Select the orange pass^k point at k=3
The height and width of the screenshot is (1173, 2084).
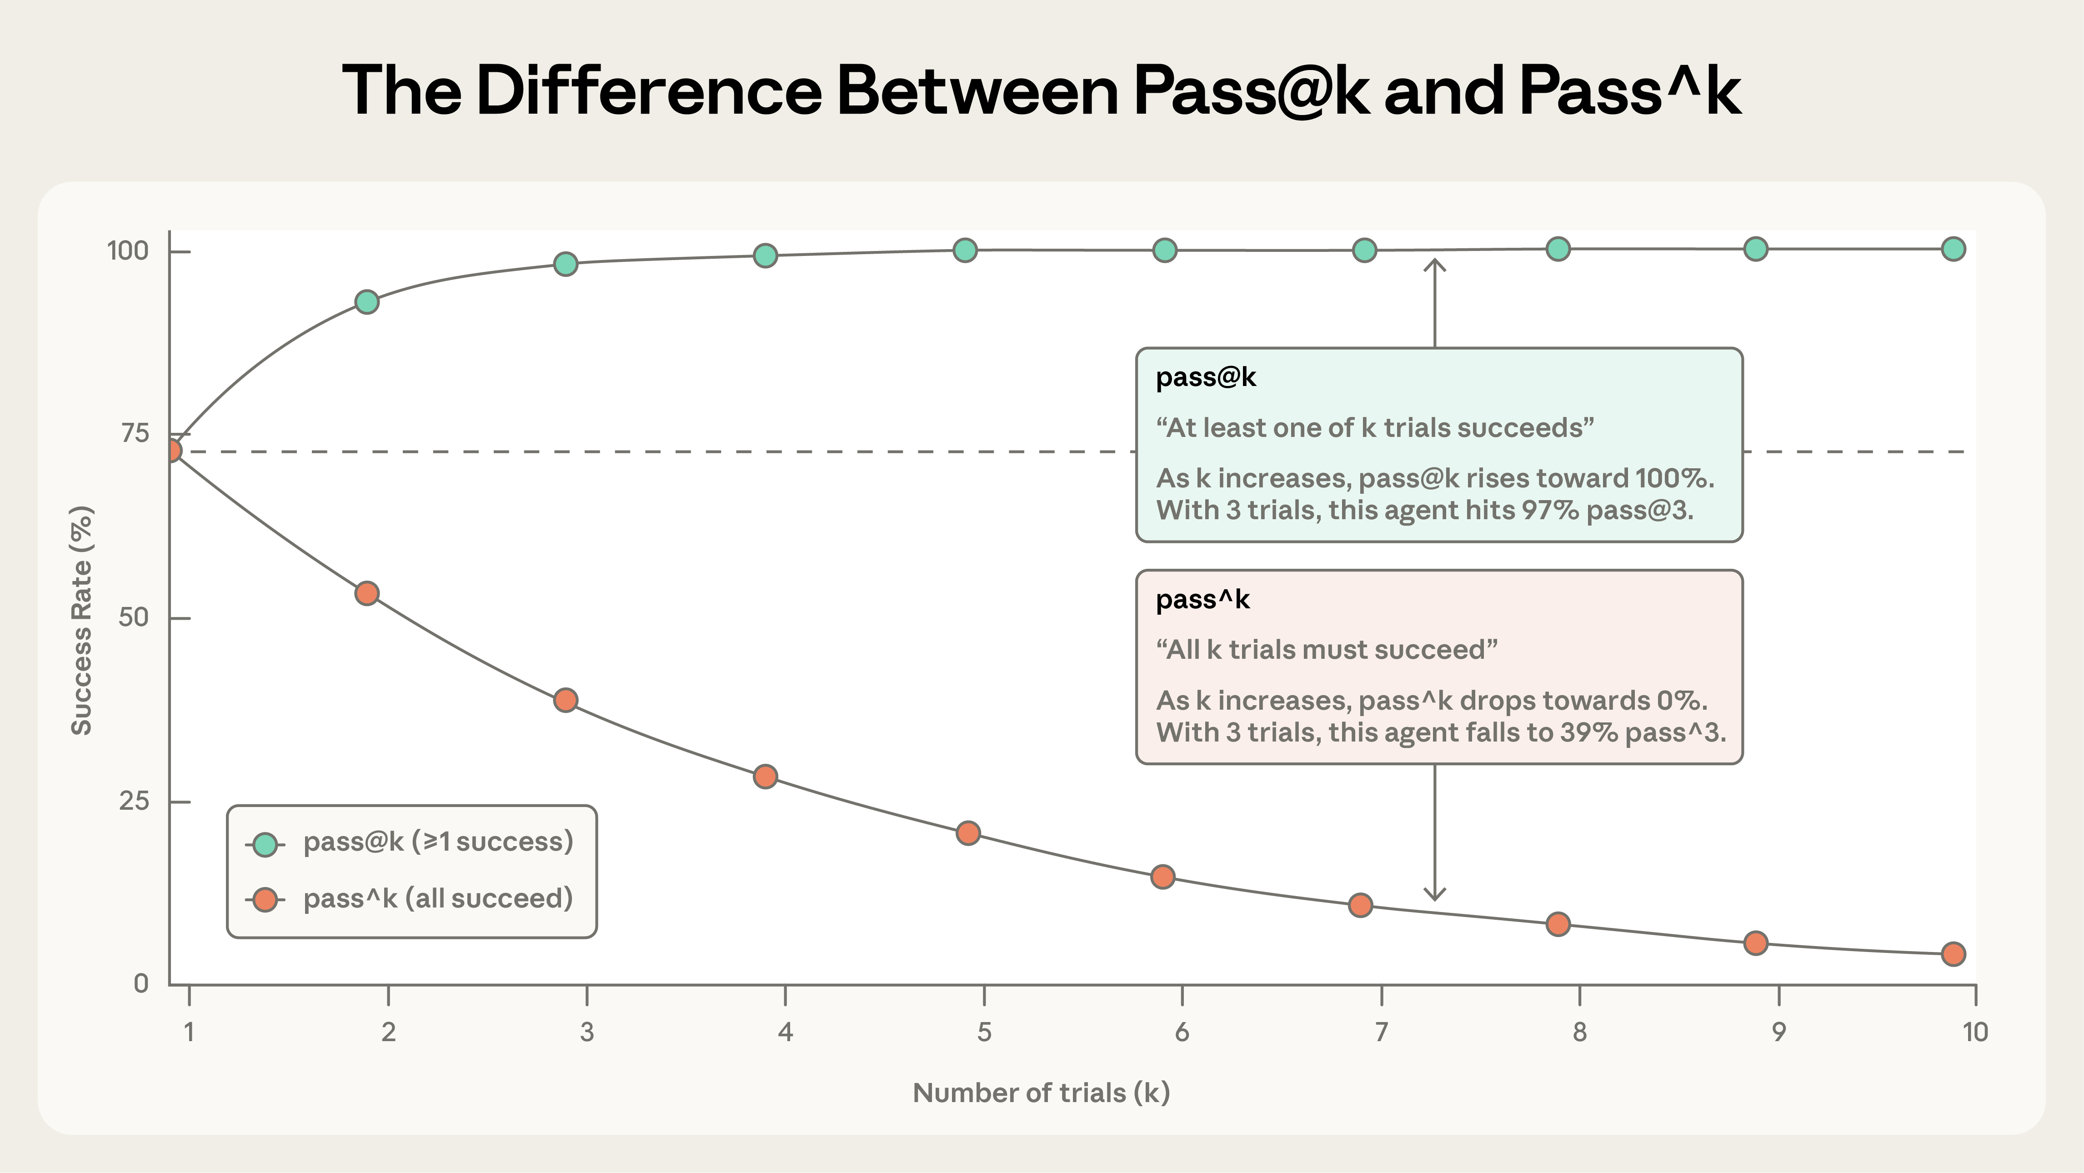pos(566,700)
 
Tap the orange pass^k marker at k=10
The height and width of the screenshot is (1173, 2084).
pos(1953,954)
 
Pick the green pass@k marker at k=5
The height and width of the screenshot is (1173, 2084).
pos(964,250)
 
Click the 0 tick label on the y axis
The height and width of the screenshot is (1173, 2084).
pos(141,984)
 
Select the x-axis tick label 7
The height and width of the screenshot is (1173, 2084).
pos(1381,1032)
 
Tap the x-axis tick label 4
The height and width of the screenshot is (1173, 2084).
pos(785,1032)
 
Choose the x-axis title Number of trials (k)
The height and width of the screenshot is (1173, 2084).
pos(1041,1093)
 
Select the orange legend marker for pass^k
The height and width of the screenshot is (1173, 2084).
pos(265,900)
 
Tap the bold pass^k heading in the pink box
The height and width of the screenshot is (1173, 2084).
pos(1202,599)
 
